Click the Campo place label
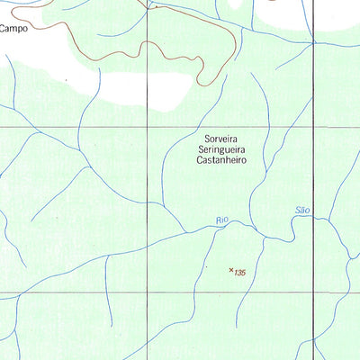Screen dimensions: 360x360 point(13,28)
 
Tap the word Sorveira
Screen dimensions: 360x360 point(220,141)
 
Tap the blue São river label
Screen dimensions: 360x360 point(302,210)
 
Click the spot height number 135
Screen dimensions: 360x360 point(240,273)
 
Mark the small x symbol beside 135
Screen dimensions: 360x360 point(231,269)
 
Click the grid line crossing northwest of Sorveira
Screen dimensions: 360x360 point(148,128)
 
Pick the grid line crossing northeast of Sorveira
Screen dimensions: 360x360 point(313,128)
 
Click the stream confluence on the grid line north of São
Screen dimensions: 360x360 point(313,43)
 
